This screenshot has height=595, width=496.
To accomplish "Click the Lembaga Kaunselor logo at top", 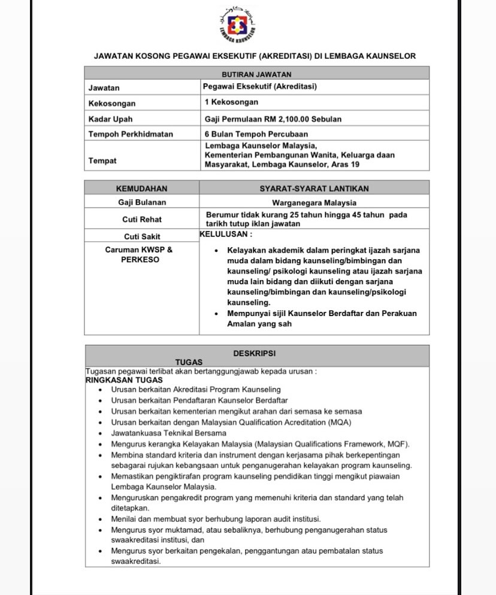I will (238, 27).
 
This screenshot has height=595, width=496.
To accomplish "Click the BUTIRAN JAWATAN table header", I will (256, 74).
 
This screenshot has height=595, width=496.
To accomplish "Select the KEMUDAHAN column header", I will (142, 188).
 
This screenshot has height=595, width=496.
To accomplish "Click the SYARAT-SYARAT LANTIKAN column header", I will (314, 188).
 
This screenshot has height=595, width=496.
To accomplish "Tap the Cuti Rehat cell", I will (142, 220).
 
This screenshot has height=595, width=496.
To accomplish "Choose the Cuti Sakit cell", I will (142, 236).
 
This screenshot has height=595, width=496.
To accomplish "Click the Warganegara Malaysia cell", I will (314, 203).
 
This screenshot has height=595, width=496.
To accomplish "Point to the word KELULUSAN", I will (226, 235).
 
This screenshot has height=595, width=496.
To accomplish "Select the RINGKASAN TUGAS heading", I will (124, 380).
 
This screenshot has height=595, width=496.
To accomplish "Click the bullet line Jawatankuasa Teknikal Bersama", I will (169, 432).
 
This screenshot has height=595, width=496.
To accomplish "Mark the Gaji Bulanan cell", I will (142, 203).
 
